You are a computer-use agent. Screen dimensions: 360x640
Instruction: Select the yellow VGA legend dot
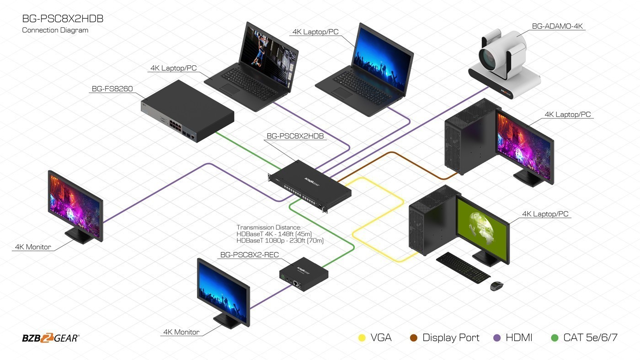click(362, 338)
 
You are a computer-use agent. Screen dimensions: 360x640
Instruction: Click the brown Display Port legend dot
click(414, 338)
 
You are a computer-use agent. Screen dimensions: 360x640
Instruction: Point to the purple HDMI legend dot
click(497, 338)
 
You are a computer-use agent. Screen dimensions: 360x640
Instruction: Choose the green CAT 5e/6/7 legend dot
click(555, 338)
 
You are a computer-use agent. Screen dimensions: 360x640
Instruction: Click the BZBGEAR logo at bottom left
click(50, 338)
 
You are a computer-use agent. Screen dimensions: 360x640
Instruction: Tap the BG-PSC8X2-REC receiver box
click(304, 272)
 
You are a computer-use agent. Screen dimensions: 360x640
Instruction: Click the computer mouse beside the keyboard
click(497, 286)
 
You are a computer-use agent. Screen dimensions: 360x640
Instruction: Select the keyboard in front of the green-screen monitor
click(463, 267)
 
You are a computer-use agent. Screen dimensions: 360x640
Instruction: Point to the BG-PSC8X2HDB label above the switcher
click(295, 136)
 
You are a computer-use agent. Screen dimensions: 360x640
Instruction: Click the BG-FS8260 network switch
click(187, 112)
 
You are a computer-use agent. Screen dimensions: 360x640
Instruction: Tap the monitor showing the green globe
click(482, 228)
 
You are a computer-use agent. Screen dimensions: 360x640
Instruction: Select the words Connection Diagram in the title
click(55, 30)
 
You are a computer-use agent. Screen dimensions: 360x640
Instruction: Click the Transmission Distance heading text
click(268, 228)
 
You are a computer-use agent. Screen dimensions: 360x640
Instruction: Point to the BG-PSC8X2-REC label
click(249, 255)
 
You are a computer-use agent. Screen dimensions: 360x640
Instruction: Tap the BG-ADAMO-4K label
click(558, 26)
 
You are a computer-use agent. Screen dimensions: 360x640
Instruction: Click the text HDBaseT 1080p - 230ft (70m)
click(280, 240)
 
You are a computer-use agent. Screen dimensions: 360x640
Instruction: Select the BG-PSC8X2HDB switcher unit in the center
click(310, 185)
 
